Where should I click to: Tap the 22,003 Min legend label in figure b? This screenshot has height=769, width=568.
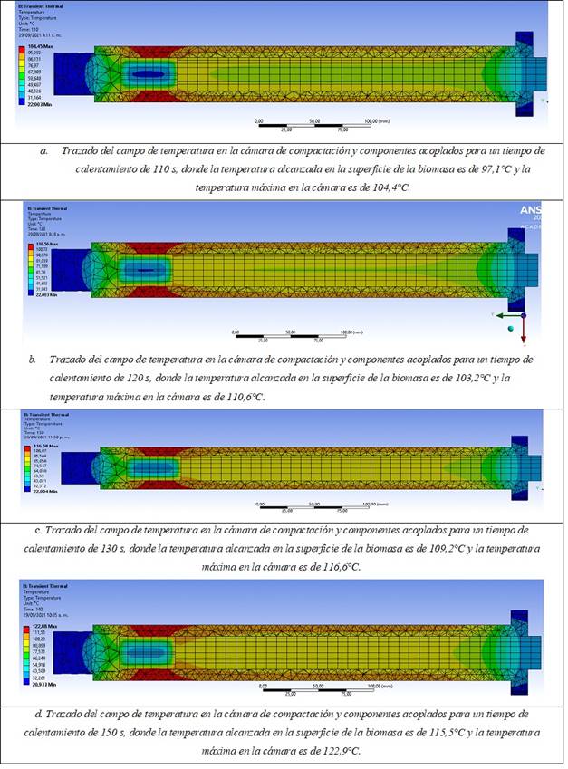(42, 294)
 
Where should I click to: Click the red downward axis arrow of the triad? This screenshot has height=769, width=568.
(524, 333)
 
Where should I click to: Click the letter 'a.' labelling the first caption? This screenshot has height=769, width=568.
(44, 151)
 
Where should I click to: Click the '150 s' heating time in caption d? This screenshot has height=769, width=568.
(110, 732)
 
